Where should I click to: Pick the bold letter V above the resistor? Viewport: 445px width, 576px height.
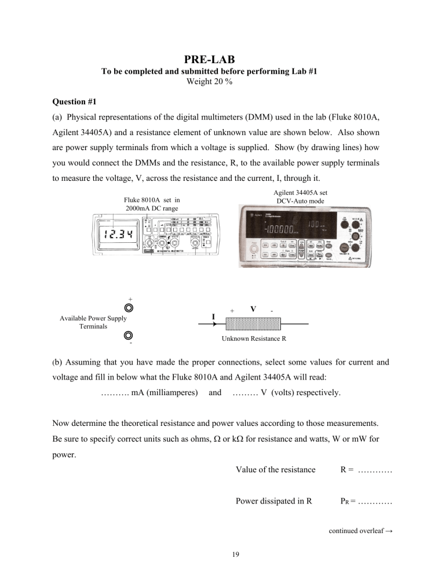[253, 309]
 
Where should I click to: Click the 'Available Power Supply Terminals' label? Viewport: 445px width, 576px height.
[93, 323]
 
